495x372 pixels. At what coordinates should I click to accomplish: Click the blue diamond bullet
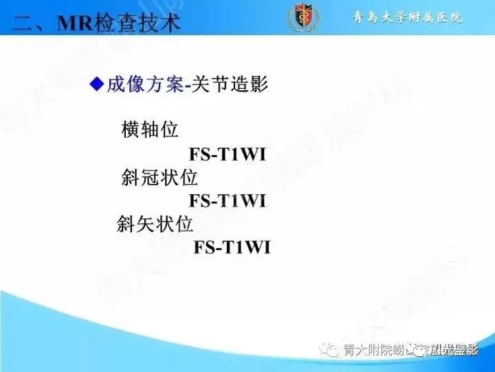97,84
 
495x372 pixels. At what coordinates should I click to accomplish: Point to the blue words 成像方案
144,85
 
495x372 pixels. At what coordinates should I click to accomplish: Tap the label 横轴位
149,130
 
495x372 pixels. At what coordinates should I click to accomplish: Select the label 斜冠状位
159,177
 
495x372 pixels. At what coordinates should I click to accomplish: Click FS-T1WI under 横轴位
227,154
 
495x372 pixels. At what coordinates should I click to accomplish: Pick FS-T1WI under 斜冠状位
227,200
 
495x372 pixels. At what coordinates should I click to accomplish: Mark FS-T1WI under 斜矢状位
232,247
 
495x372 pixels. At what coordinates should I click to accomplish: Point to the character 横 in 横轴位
130,130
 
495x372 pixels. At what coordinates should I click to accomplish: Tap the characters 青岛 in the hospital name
364,17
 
